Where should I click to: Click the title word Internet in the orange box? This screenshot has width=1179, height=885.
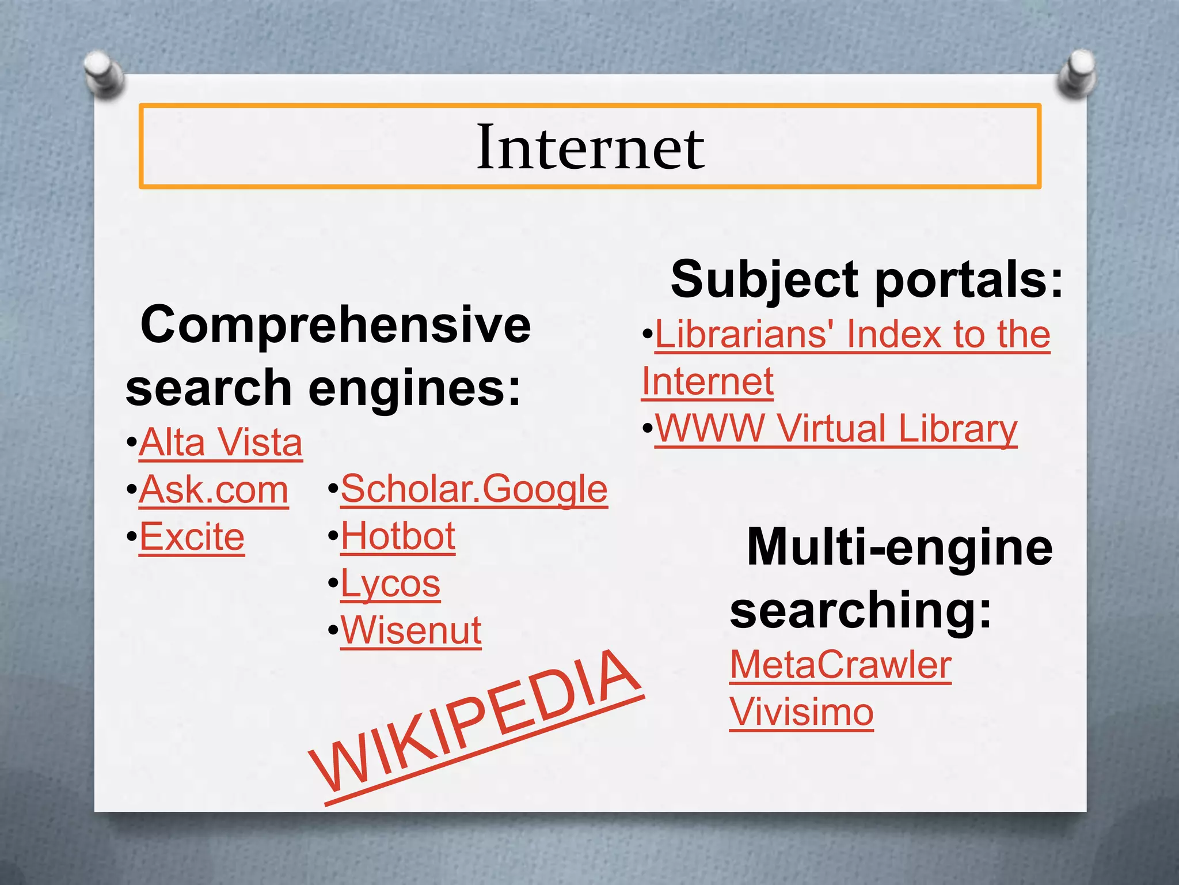coord(590,147)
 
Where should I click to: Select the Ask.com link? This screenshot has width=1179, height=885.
coord(214,490)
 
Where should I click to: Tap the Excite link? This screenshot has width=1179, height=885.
coord(192,537)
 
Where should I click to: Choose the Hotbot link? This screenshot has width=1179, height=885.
coord(398,536)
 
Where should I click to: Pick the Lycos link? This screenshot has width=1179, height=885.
coord(390,584)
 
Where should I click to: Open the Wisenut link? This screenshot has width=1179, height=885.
coord(411,630)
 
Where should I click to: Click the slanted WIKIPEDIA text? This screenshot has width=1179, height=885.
coord(476,726)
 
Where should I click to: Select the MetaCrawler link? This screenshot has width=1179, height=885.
coord(840,665)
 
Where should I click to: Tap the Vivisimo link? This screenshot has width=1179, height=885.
coord(801,712)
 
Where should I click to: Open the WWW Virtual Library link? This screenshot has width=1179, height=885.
coord(836,429)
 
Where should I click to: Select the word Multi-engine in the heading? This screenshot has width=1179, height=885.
coord(899,547)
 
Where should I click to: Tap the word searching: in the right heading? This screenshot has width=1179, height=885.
coord(861,610)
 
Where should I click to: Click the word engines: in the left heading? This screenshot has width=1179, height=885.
coord(414,388)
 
